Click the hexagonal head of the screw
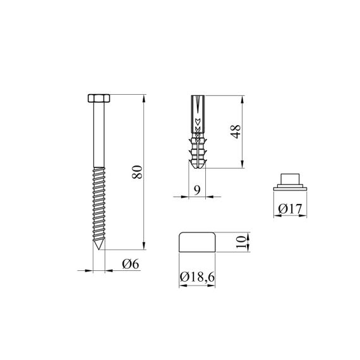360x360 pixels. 99,99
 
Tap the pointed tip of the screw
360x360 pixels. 99,249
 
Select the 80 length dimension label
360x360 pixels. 137,172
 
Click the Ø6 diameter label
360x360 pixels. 130,264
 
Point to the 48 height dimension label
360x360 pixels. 236,131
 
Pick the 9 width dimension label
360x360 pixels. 197,190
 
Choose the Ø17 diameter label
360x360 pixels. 290,208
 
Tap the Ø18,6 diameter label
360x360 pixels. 197,277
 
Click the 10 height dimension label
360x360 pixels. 241,243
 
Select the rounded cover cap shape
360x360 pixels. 197,242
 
